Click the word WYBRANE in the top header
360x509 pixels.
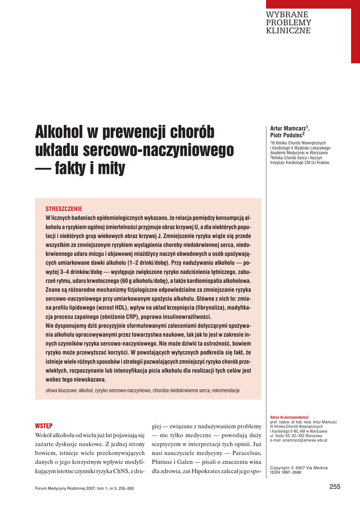287,14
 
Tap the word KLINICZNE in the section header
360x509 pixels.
288,31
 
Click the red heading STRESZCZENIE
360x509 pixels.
64,209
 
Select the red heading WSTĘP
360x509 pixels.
44,426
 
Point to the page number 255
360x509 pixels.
335,487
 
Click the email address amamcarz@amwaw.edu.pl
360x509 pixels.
298,440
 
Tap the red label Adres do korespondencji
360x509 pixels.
289,418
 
